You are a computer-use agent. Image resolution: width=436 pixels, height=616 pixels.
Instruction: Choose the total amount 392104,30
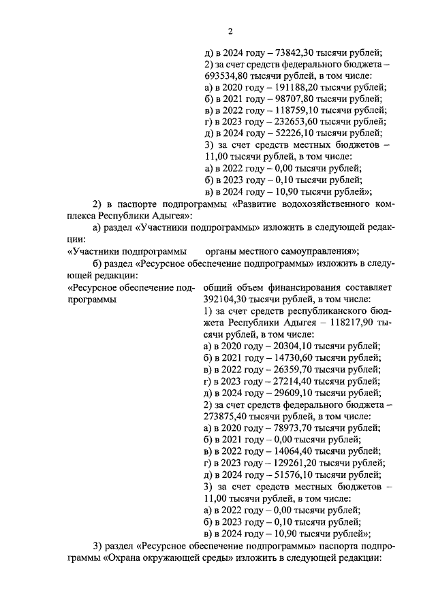click(x=228, y=299)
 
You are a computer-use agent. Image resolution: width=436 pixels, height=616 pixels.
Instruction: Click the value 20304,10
click(x=288, y=346)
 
